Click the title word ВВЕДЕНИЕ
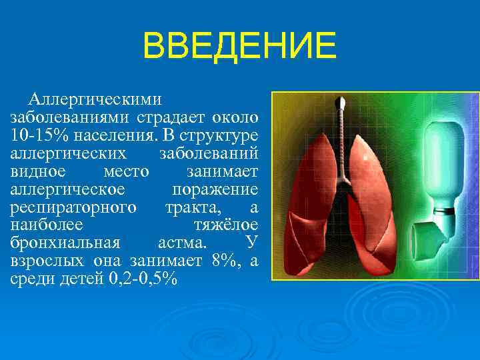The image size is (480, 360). [x=239, y=47]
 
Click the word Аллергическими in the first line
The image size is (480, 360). [x=95, y=99]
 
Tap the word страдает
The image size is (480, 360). [x=172, y=117]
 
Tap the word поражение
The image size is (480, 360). [x=215, y=189]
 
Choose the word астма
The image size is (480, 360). [x=182, y=243]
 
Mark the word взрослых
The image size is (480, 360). [x=48, y=261]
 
